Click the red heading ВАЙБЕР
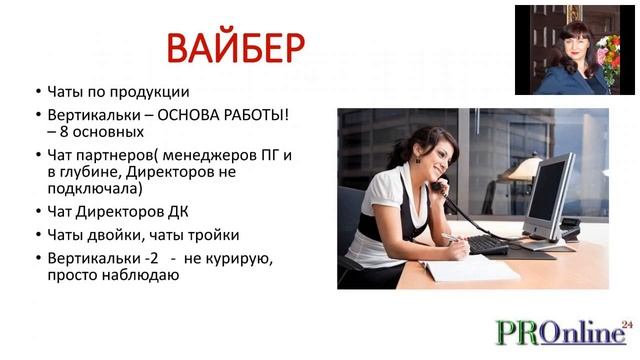pos(235,48)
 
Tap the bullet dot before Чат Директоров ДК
pos(37,212)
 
